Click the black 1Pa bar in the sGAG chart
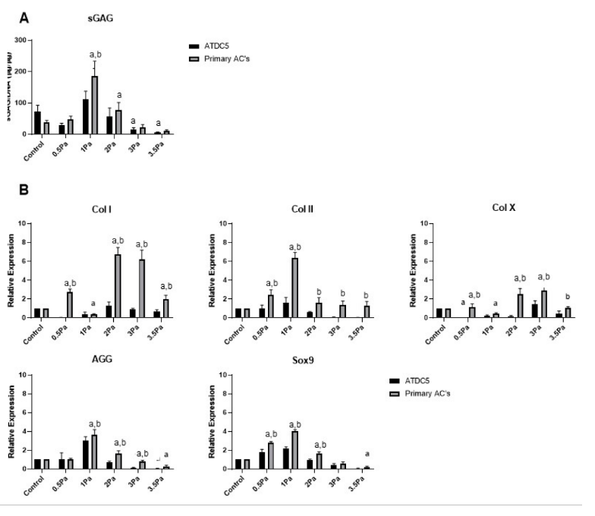point(86,116)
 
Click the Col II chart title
point(303,209)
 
